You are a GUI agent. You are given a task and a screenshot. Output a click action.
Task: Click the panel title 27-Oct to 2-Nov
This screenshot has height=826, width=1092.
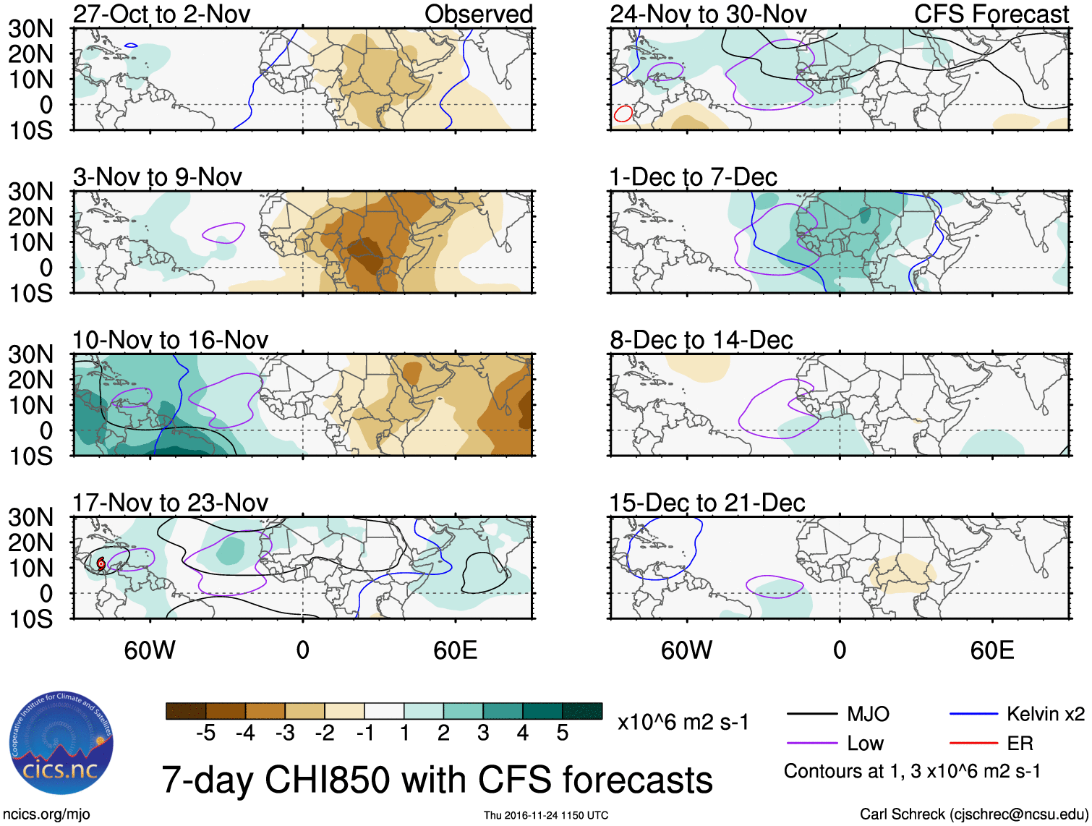pos(161,14)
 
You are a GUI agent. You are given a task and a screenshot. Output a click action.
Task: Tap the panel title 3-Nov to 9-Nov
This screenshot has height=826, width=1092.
pos(157,177)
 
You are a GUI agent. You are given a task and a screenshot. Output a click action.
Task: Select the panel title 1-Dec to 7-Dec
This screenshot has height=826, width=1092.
pos(693,177)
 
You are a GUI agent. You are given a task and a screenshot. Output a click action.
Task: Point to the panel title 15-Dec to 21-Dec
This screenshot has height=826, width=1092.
pos(707,503)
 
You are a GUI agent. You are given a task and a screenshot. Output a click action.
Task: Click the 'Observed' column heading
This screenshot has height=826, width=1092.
pos(478,14)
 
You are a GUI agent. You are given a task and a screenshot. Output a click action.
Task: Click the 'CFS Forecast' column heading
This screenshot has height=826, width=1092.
pos(991,14)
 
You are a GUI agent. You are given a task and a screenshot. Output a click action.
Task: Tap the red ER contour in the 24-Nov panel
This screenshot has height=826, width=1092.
pos(623,114)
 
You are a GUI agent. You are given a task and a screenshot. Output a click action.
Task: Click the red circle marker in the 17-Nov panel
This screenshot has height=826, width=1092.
pos(101,563)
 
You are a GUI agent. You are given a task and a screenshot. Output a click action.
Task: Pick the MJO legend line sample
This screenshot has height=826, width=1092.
pos(811,715)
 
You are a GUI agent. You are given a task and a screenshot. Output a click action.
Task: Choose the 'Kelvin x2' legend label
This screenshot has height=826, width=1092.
pos(1045,715)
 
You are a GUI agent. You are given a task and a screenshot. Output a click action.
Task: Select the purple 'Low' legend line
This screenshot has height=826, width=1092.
pos(811,744)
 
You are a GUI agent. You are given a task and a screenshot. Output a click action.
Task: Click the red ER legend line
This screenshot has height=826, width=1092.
pos(974,744)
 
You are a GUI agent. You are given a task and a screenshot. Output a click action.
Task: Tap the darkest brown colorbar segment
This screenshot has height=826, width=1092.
pos(186,711)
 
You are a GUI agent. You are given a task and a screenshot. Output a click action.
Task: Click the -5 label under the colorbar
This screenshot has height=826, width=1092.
pos(205,733)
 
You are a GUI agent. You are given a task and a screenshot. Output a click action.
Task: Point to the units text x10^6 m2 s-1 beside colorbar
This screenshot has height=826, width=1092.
pos(683,722)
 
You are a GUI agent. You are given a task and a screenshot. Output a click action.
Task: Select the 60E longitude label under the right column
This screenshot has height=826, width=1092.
pos(991,650)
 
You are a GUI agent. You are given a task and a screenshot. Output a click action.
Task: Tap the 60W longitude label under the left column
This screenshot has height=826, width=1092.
pos(150,650)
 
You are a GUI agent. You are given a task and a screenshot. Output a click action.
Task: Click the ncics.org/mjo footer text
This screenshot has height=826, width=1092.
pos(46,814)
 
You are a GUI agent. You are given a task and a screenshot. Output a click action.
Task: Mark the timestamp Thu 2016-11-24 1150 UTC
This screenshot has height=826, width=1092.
pos(546,815)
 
